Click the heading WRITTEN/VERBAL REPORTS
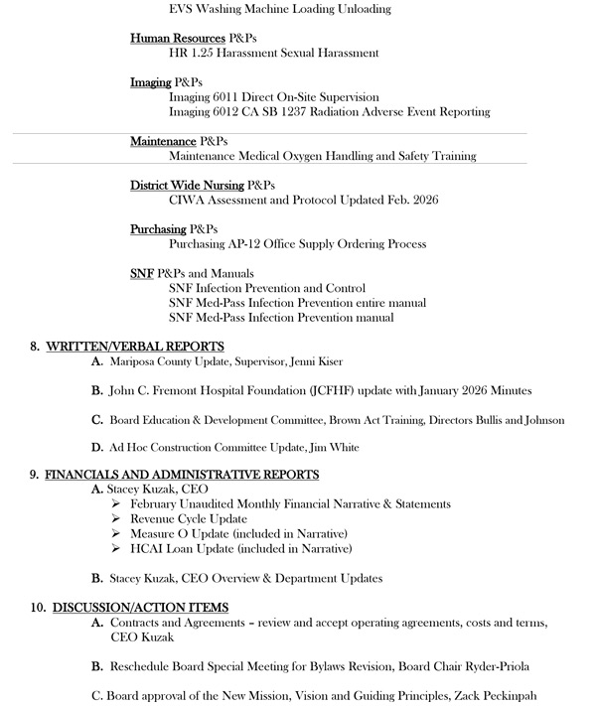[x=134, y=347]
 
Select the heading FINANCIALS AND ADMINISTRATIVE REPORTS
[x=182, y=475]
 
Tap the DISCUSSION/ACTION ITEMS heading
[x=137, y=607]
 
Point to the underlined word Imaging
[x=151, y=82]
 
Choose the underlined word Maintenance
[x=163, y=142]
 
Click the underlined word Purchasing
[x=158, y=229]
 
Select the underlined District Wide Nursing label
[x=187, y=186]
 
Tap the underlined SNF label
[x=141, y=273]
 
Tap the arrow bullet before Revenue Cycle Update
[x=118, y=519]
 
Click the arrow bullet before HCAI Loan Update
[x=118, y=548]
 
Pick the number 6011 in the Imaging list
[x=226, y=97]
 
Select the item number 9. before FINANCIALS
[x=35, y=475]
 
